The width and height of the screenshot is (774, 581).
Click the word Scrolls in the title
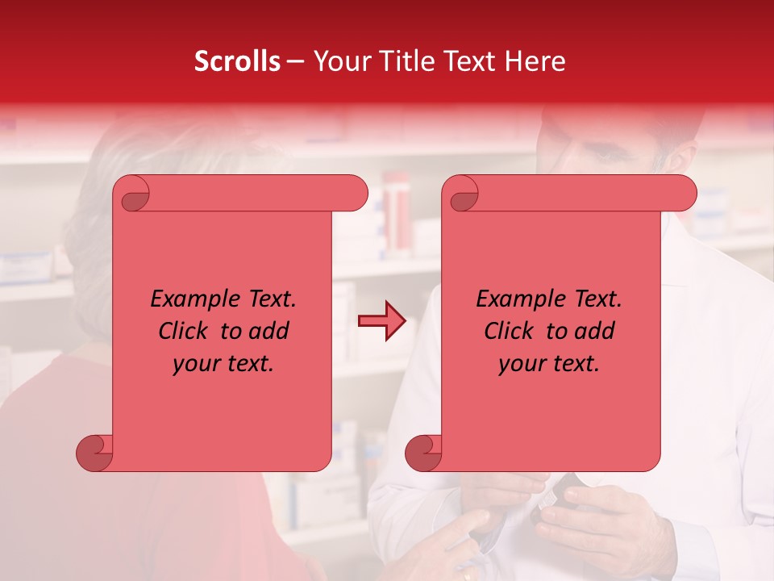(237, 61)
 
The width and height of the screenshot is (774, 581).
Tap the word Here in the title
(532, 61)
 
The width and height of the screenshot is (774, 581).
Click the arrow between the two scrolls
(381, 322)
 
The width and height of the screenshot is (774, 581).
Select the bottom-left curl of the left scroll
(95, 453)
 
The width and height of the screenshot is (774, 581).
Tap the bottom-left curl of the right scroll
(424, 453)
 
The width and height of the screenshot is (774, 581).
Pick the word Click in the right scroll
(509, 332)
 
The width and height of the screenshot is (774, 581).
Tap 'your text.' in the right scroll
(549, 364)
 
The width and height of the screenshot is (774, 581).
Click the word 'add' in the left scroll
(270, 332)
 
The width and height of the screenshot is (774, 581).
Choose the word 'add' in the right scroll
(596, 332)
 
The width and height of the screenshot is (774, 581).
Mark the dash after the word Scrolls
(295, 62)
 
